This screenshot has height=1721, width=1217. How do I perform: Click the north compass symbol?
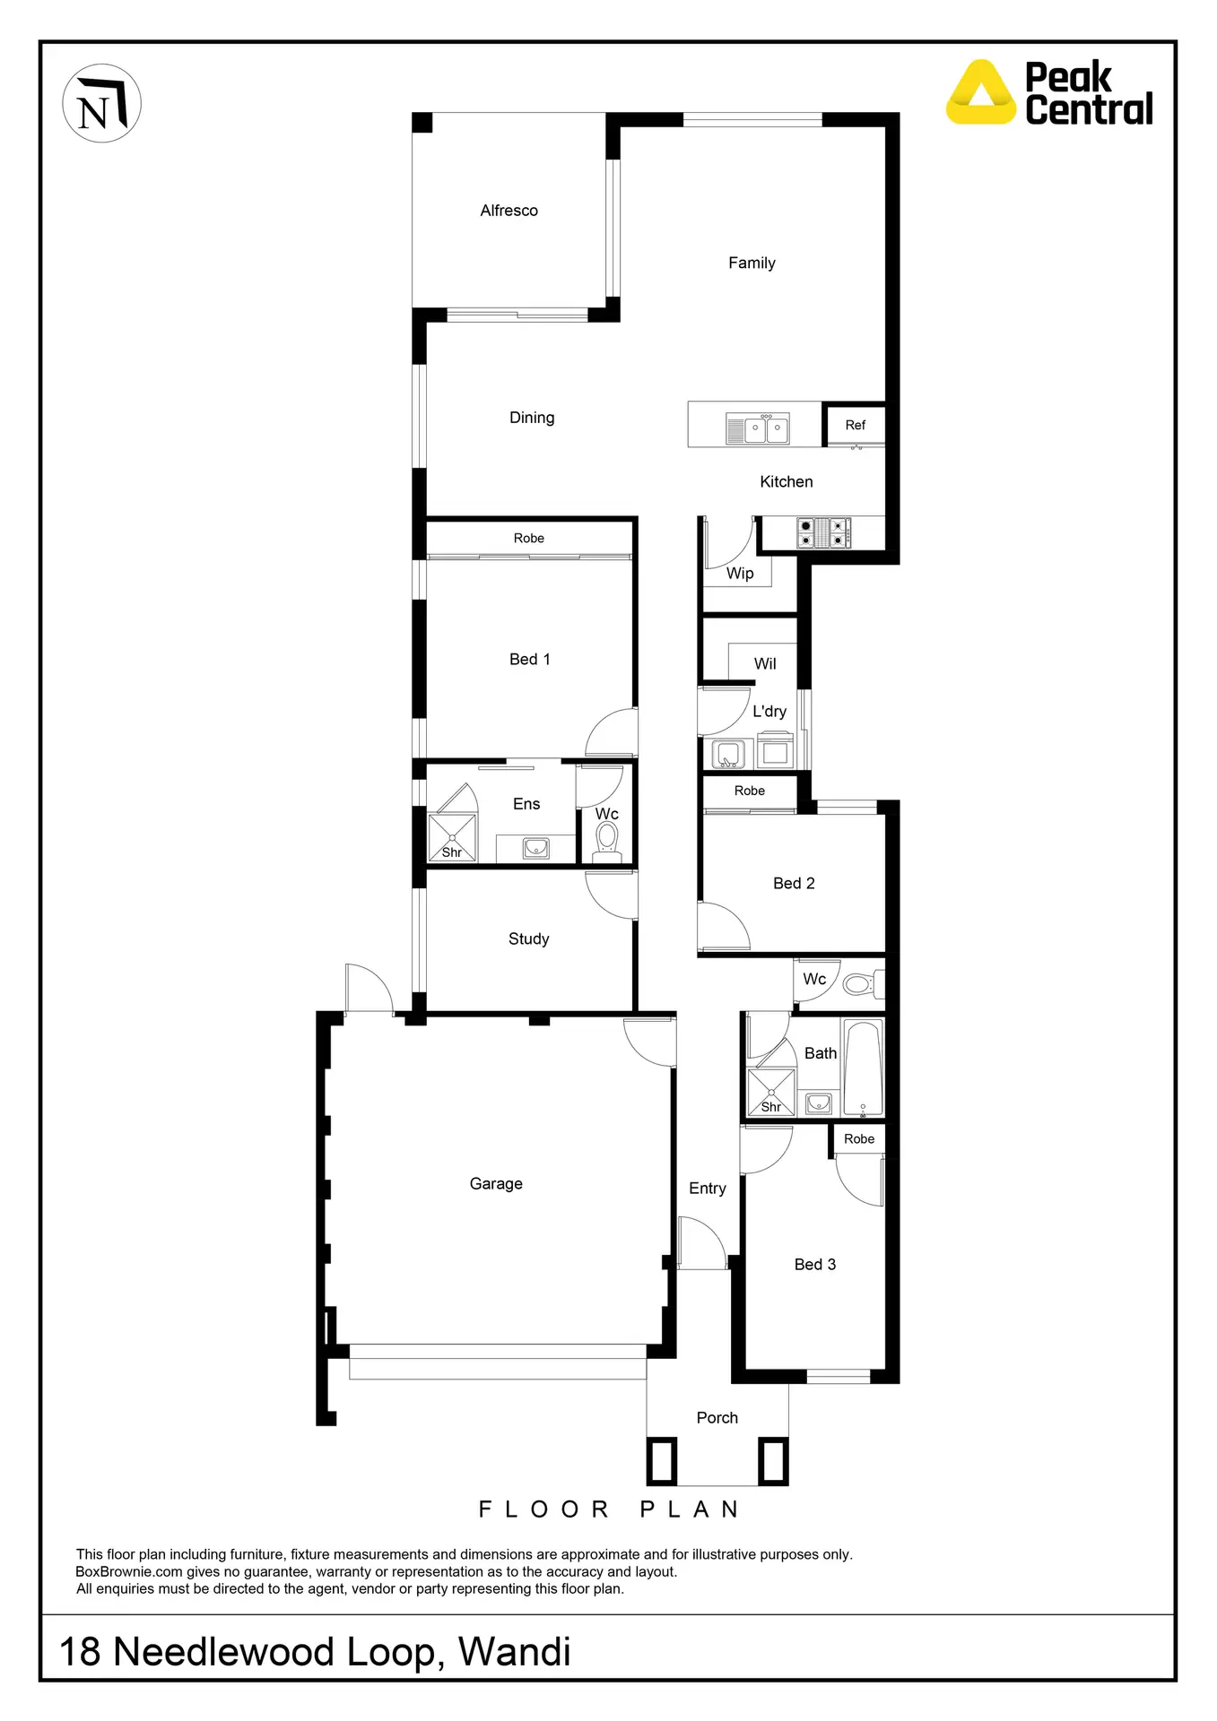click(101, 103)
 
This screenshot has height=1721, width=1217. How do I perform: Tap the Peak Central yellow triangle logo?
click(981, 92)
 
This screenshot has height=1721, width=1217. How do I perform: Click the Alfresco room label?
click(509, 211)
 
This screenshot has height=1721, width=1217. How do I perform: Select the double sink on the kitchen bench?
click(757, 429)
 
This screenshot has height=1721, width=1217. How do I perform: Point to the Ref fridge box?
click(855, 425)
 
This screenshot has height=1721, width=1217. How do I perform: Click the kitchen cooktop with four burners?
click(823, 533)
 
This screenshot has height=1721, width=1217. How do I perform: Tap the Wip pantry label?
click(740, 574)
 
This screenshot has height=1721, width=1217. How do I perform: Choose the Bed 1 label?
click(529, 660)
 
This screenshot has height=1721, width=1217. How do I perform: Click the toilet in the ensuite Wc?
click(607, 841)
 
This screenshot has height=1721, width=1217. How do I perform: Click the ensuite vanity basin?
click(536, 847)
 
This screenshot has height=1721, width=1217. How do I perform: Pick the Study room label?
click(528, 939)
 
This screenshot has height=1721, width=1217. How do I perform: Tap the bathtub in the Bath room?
click(863, 1068)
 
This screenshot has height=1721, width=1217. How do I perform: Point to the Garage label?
click(496, 1184)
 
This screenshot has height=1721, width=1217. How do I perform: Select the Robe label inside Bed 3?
click(858, 1139)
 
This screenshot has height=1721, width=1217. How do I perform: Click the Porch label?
click(717, 1418)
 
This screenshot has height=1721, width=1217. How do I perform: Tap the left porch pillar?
click(662, 1461)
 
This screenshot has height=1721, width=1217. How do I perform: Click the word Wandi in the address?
click(514, 1652)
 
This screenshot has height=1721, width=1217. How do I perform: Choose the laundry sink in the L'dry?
click(727, 754)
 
